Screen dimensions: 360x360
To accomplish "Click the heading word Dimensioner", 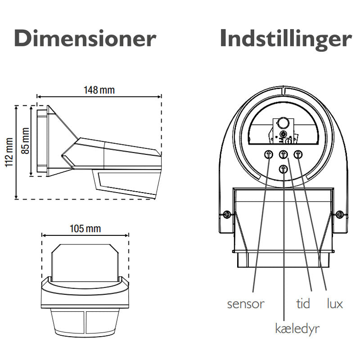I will pos(85,39).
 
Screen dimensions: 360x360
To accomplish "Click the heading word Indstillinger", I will pos(285,39).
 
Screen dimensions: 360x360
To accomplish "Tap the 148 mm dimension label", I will pos(99,90).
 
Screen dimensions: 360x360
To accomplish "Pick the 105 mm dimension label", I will pos(85,229).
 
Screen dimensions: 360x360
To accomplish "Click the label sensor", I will pos(245,304).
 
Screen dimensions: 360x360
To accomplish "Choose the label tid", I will pos(303,304).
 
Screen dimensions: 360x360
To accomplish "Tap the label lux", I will pos(334,304).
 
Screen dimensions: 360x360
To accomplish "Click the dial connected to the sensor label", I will pos(269,154).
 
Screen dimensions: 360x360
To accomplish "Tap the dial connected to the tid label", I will pos(283,154).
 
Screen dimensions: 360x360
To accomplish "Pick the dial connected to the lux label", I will pos(298,154).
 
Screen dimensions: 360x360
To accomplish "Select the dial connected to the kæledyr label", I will pos(283,169).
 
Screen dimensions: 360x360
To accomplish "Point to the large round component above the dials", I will pos(283,123).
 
